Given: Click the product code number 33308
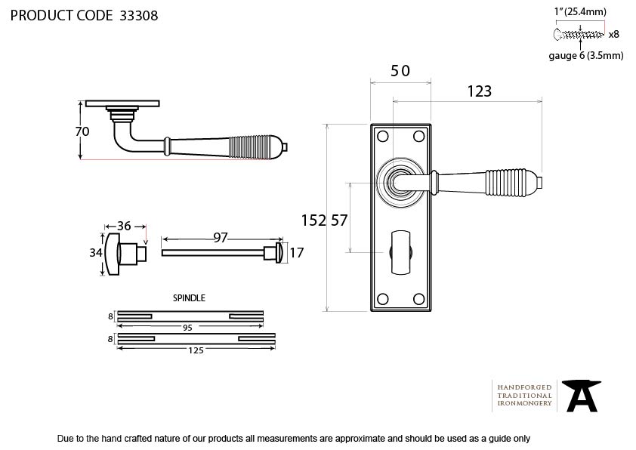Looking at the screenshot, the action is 139,16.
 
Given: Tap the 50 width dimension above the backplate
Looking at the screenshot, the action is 400,71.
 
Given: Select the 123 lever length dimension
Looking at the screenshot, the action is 479,91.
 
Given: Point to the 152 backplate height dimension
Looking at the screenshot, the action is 313,220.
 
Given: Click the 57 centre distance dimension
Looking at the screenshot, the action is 339,220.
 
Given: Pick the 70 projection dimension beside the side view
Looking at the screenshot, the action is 82,131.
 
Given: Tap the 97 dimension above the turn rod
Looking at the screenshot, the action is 221,237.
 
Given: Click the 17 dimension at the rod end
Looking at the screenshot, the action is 297,253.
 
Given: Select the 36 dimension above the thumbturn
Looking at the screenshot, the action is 124,226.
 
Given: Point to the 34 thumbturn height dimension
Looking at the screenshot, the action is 96,253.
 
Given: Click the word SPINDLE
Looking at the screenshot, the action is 189,298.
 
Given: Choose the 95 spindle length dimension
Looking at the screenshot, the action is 187,328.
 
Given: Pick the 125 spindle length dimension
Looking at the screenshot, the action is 196,350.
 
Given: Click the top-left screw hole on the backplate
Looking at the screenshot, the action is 382,136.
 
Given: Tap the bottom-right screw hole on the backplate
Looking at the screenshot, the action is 418,299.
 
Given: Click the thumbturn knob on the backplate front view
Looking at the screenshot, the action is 401,253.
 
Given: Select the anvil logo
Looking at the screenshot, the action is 581,396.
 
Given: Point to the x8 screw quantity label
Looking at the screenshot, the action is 613,35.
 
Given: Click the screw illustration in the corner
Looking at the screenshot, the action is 579,35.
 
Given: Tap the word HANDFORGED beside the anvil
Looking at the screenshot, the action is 524,387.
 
